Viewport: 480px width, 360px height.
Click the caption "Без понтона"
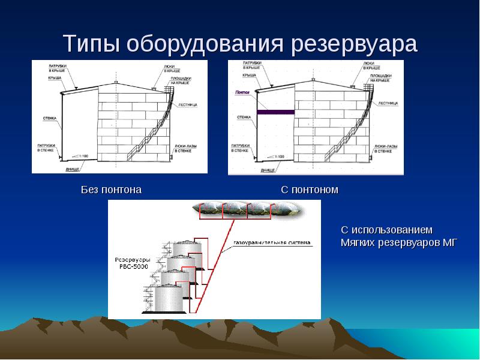pos(112,190)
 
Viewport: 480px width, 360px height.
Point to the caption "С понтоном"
pos(310,190)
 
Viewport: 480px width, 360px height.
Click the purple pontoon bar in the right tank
pos(275,112)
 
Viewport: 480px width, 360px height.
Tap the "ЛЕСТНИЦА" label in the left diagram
pos(188,104)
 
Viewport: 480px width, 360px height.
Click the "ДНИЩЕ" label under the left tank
pos(73,170)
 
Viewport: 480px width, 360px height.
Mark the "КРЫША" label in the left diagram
pos(55,77)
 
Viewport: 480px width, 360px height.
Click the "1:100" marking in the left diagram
pos(83,156)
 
